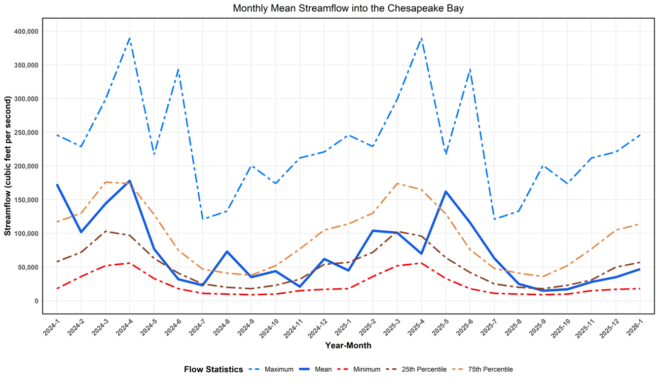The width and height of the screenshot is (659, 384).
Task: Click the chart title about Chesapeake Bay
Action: (348, 8)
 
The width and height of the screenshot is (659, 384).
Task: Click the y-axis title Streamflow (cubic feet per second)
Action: (8, 166)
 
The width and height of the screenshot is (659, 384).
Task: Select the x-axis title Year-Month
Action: (348, 346)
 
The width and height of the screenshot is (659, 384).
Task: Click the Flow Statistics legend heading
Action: (213, 369)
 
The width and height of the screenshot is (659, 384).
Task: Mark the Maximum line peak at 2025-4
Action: (421, 38)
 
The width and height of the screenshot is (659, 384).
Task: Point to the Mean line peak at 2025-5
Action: (446, 191)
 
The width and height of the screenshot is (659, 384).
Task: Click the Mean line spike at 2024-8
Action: (227, 251)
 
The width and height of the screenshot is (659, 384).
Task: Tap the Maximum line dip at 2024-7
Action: (203, 219)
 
